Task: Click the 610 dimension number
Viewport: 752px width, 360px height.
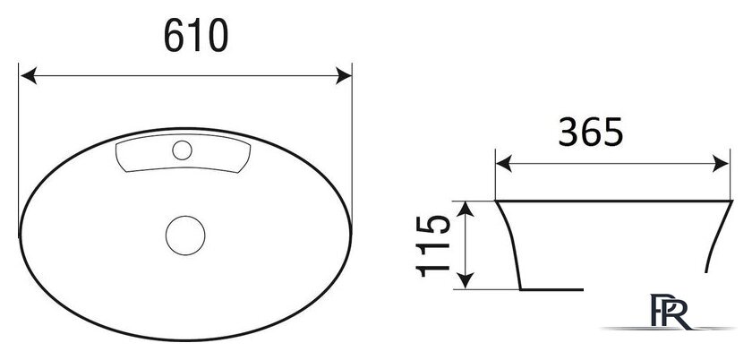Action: click(196, 36)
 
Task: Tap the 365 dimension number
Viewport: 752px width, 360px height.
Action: click(590, 132)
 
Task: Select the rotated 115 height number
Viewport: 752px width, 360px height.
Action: click(432, 245)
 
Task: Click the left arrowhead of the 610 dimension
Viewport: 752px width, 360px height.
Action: click(29, 76)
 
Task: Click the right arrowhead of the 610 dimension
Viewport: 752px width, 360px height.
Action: click(344, 76)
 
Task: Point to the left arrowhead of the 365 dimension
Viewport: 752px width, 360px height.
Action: click(504, 164)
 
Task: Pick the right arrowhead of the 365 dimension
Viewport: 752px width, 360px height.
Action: click(721, 164)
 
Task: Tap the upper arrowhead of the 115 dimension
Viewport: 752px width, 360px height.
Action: click(466, 210)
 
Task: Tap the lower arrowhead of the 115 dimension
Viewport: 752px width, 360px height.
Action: click(466, 280)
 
